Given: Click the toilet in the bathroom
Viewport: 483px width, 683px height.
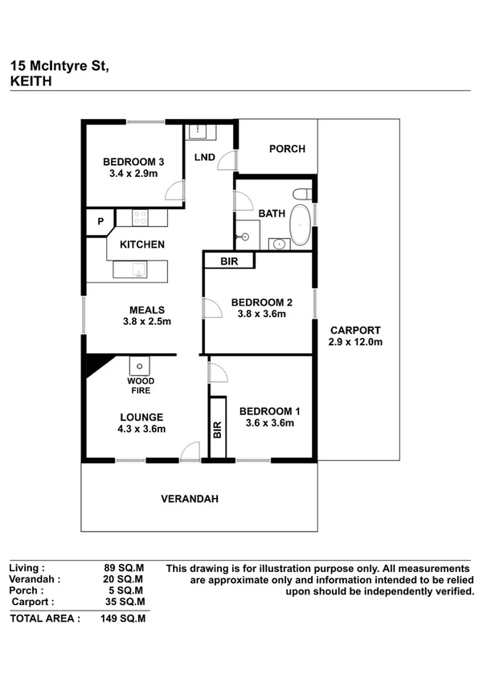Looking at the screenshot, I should (302, 194).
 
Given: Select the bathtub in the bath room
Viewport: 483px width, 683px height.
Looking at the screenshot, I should (299, 225).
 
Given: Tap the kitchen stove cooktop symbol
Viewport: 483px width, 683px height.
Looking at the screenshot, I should (140, 217).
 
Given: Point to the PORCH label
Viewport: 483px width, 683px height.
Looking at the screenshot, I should (287, 149).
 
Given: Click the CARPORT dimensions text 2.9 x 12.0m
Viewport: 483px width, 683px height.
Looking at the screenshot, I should (354, 342).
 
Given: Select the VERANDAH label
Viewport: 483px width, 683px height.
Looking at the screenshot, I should (190, 499).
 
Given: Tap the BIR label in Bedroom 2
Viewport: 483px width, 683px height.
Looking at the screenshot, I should (229, 261).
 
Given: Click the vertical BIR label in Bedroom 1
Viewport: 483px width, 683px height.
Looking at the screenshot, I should (217, 430).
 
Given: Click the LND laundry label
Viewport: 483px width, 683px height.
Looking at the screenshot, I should (204, 157).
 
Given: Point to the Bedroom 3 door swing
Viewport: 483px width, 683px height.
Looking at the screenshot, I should (174, 191).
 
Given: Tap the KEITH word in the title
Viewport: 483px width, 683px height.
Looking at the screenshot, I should (31, 80).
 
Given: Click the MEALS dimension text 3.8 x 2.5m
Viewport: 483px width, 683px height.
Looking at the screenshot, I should (147, 321).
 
